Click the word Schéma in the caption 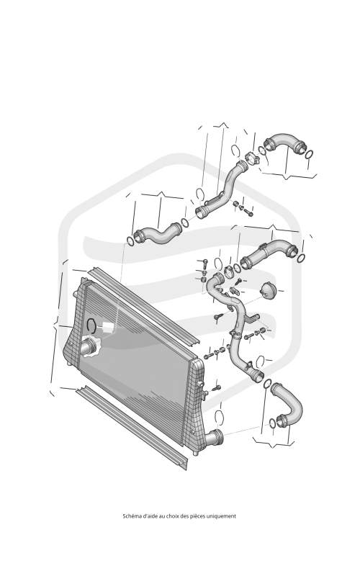tap(131, 516)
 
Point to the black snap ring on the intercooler tap(91, 325)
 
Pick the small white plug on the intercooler tap(107, 327)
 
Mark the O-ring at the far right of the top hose tap(310, 154)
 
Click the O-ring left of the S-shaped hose tap(130, 241)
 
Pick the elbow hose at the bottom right tap(288, 405)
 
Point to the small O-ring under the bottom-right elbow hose tap(272, 423)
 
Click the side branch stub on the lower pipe tap(253, 318)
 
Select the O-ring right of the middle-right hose tap(300, 258)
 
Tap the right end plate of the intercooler tap(194, 404)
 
